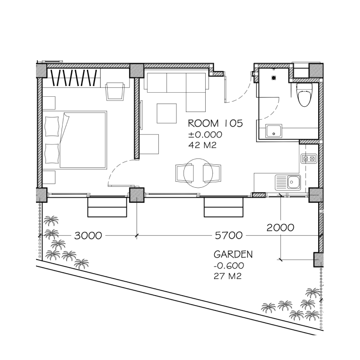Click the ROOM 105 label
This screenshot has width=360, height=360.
pos(216,123)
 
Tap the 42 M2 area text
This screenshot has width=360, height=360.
pos(202,145)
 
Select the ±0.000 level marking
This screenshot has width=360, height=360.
pos(205,135)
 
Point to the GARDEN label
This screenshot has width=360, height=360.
pos(233,254)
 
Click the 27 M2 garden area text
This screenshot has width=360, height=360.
pos(228,276)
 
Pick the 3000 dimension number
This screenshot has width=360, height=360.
pos(88,235)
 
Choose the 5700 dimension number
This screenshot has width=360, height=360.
pos(229,235)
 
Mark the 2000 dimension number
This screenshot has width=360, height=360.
pos(280,228)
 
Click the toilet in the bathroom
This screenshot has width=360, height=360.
pos(305,95)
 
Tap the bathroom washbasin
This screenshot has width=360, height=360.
pos(274,131)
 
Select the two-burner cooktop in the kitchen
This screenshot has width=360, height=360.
pos(309,158)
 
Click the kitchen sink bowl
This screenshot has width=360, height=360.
pos(294,183)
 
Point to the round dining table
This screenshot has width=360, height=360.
pos(198,173)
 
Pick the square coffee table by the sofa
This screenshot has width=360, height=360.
pos(166,113)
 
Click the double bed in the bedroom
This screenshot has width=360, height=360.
pos(75,140)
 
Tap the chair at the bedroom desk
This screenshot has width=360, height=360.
pos(115,91)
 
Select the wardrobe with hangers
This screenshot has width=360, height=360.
pos(74,78)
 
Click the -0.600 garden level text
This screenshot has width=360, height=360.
pos(229,265)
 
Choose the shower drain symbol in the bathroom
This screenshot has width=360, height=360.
pos(274,78)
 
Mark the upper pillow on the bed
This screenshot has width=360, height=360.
pos(52,126)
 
